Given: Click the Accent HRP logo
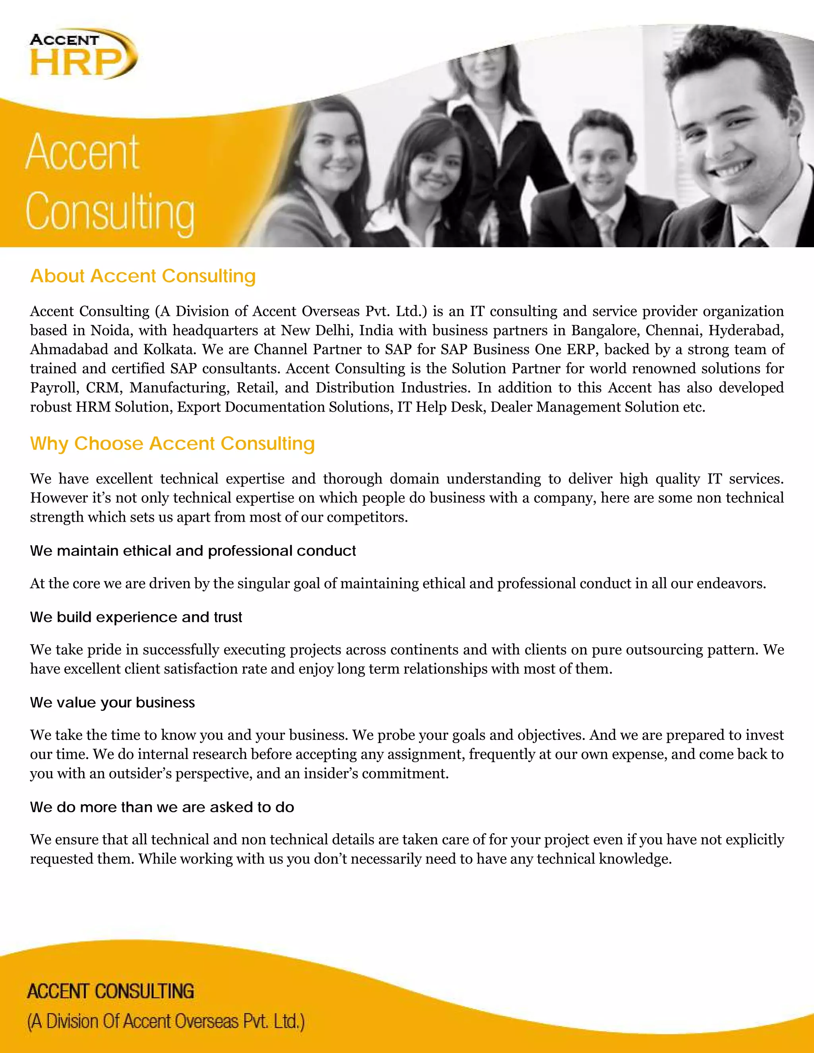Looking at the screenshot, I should [x=82, y=54].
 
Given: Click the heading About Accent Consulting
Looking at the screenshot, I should [x=143, y=276].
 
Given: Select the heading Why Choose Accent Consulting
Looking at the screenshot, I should [x=172, y=443].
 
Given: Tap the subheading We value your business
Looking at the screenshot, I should [x=112, y=703].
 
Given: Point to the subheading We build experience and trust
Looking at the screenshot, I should [x=136, y=617].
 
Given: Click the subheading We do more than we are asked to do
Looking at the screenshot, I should [x=162, y=807].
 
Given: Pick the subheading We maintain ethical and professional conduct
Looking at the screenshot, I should [x=193, y=551].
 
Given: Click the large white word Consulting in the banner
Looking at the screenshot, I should [x=110, y=212].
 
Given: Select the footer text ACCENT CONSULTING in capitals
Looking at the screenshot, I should [x=110, y=991].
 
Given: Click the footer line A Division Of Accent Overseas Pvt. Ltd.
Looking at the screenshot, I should [x=166, y=1021].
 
